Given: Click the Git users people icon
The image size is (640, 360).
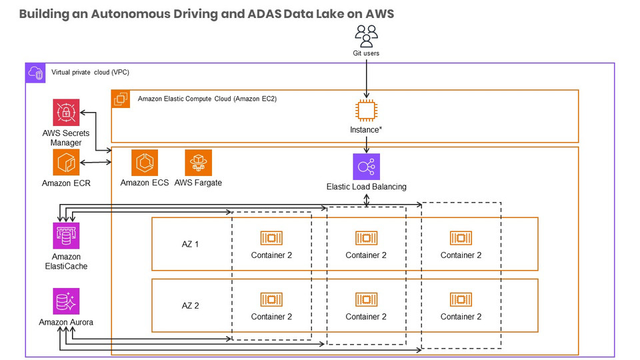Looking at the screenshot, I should coord(366,35).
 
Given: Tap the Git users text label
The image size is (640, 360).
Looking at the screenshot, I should coord(366,53).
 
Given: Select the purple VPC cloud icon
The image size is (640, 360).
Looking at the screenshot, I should coord(35,73).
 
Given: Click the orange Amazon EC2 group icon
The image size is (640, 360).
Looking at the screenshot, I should coord(121,99).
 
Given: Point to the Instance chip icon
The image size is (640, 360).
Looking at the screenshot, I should coord(366,110).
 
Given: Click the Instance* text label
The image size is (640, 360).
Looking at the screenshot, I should coord(366,129).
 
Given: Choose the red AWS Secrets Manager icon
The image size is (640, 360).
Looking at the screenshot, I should coord(66,113).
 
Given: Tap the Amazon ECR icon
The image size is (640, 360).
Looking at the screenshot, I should coord(66,162).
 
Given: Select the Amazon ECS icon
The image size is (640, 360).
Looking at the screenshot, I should coord(145,163).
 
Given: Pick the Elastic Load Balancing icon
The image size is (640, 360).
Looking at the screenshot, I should coord(366,167).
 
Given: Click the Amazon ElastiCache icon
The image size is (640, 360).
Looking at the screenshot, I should coord(66,236).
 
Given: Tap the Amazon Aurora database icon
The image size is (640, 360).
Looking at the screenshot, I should coord(66,301).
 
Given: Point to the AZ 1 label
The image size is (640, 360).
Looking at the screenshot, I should coord(191,244).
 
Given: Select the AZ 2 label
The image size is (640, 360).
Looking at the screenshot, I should coord(191,306).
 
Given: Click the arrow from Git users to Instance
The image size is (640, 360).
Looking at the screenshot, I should coord(366,77).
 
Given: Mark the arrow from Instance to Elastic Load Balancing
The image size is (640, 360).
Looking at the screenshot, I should coord(366,143).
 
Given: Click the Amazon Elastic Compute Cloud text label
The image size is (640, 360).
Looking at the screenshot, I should coord(207,99).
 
